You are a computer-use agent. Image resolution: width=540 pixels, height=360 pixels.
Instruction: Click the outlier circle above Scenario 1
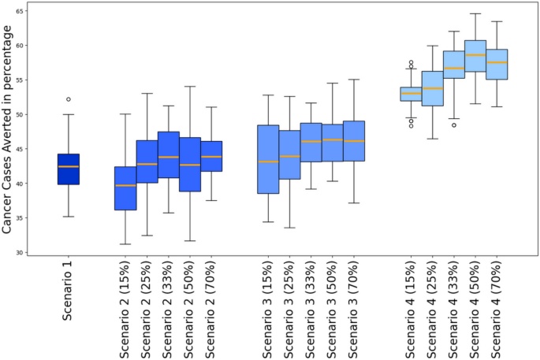point(69,99)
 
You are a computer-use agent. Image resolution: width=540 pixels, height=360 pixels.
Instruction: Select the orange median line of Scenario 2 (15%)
point(125,185)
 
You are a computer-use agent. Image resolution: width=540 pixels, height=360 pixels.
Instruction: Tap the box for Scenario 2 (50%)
point(190,165)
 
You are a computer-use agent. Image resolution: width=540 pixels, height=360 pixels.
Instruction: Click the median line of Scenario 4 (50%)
point(475,55)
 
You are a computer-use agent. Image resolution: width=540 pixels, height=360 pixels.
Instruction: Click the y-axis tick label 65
point(18,11)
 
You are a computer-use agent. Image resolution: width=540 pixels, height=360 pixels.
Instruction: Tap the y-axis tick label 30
point(18,253)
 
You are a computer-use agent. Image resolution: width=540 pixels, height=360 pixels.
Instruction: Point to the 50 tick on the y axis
point(18,115)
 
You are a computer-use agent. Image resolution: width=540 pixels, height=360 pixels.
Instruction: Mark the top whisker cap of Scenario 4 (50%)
point(475,13)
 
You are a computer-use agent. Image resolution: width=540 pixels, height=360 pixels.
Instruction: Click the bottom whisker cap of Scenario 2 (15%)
point(125,244)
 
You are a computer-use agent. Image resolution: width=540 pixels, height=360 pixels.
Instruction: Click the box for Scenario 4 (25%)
point(433,88)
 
